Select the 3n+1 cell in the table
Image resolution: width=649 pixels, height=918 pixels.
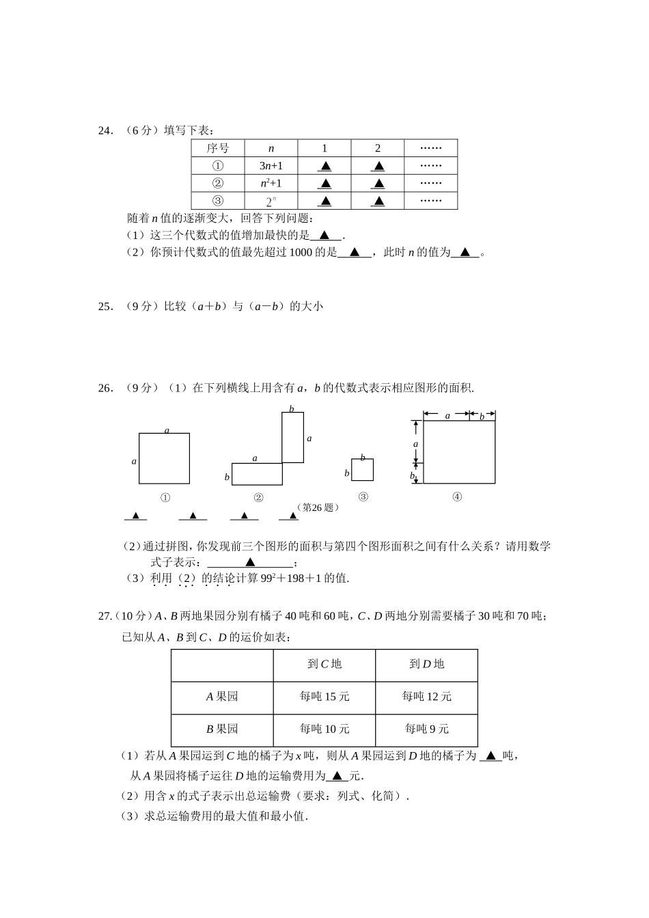[x=271, y=166]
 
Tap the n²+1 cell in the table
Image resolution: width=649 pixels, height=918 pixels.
[x=271, y=183]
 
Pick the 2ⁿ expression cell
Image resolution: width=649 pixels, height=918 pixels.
[x=271, y=201]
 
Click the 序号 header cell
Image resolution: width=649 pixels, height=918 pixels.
[x=218, y=148]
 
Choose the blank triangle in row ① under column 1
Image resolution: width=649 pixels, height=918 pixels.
[x=324, y=166]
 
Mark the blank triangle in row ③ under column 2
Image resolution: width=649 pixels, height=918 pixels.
[x=378, y=201]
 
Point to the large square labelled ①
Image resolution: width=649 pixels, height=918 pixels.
[x=164, y=458]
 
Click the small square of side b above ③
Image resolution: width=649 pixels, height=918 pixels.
[x=363, y=470]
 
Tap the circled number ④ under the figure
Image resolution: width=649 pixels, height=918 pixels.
[x=457, y=497]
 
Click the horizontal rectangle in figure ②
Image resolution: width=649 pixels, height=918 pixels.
[x=257, y=474]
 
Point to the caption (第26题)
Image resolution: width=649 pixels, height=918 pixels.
[x=318, y=507]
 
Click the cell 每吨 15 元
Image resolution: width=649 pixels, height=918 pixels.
[x=324, y=697]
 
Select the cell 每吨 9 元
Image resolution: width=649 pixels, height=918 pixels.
[x=427, y=729]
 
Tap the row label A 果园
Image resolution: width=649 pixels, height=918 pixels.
[x=222, y=697]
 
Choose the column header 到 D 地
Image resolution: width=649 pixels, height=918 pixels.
[x=427, y=664]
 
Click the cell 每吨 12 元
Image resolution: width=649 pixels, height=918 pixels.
[x=427, y=697]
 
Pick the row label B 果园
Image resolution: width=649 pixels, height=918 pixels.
[x=222, y=729]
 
